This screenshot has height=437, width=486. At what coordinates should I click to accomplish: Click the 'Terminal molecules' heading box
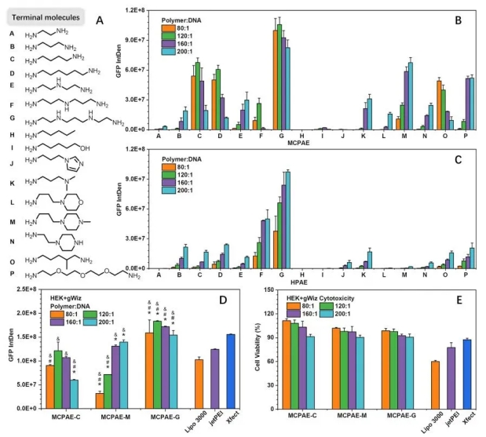(x=50, y=16)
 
